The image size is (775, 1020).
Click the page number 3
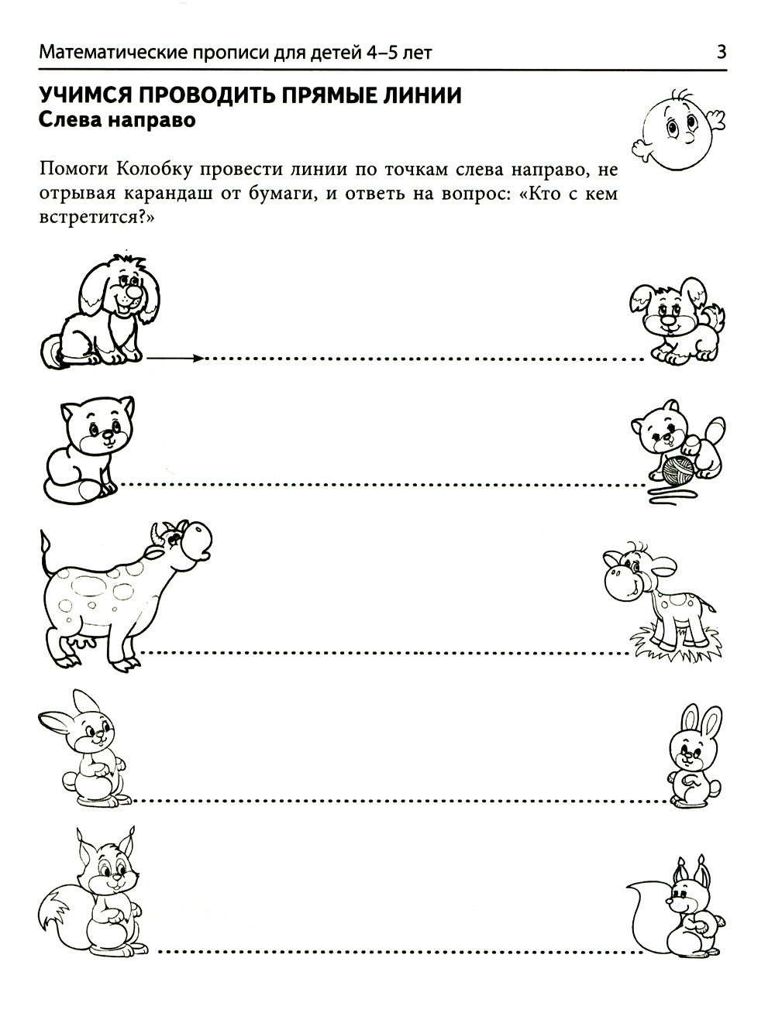click(x=722, y=53)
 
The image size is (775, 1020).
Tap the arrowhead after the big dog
click(x=198, y=358)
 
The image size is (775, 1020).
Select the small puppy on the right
click(x=677, y=321)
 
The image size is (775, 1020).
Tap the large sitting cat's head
click(x=99, y=425)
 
